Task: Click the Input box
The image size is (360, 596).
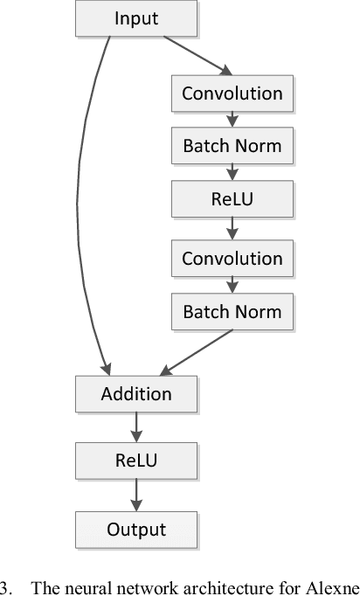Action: point(136,18)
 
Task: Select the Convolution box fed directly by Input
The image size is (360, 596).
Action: point(232,93)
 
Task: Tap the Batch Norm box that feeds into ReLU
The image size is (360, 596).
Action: point(232,145)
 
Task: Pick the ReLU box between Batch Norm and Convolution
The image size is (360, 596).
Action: point(232,198)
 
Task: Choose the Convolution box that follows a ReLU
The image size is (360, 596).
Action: point(232,259)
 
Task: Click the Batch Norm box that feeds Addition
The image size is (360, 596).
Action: point(232,311)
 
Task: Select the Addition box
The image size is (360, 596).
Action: point(136,393)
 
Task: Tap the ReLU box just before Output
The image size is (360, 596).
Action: point(136,459)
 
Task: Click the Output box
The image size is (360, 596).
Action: point(136,529)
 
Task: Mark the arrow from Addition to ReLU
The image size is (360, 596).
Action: point(136,426)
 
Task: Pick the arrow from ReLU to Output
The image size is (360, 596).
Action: point(136,494)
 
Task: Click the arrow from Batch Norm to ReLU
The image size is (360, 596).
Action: point(232,171)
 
